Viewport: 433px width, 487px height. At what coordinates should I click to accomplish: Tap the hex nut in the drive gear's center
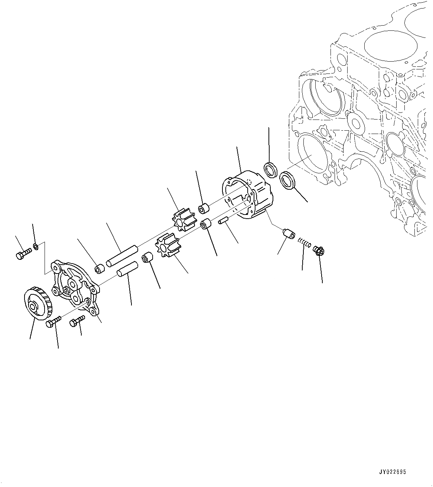(33, 307)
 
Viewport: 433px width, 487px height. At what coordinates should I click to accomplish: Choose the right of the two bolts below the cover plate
(77, 320)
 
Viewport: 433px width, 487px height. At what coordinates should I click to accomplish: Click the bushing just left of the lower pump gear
(147, 257)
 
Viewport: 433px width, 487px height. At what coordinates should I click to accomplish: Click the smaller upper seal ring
(271, 169)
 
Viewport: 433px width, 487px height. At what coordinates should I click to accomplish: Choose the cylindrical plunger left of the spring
(288, 234)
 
